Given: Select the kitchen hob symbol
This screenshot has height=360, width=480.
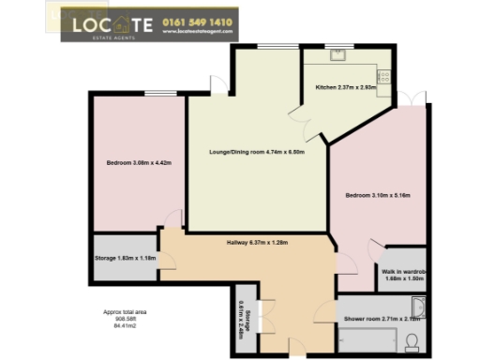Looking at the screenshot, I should [382, 74].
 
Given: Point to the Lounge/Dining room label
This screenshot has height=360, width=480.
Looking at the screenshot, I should [258, 152].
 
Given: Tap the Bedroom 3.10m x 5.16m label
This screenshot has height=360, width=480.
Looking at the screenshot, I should [377, 195].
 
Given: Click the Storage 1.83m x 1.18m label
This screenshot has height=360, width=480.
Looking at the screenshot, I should [125, 258].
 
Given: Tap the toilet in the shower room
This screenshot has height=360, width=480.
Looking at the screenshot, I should [412, 345].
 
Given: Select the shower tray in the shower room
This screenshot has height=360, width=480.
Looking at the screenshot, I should [367, 337].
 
